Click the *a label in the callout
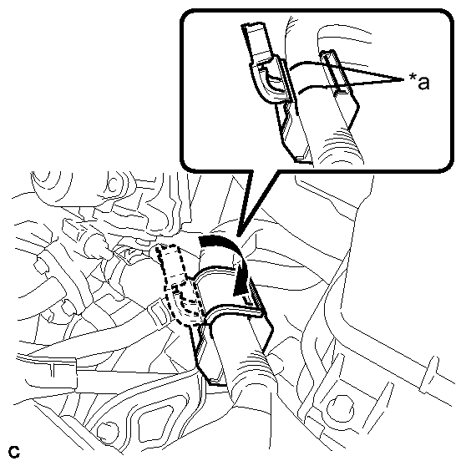pos(419,81)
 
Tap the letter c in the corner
pos(14,452)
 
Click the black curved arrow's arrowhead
pos(242,286)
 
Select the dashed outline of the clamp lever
pos(179,286)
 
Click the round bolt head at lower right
pos(340,409)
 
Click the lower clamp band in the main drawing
pos(232,311)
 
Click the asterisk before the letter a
pos(413,77)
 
